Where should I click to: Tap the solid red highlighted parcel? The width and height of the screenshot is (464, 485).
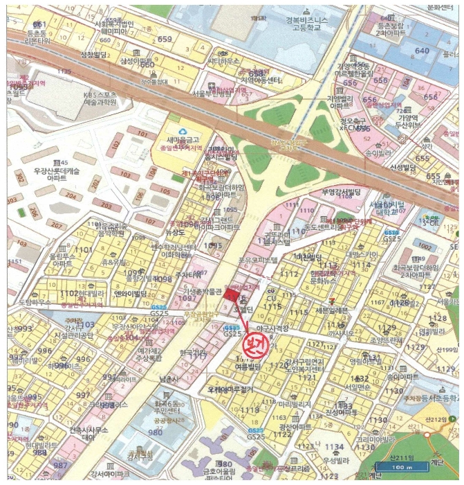point(230,295)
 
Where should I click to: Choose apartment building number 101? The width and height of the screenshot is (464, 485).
point(142,134)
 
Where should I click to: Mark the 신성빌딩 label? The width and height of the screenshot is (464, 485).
point(402,167)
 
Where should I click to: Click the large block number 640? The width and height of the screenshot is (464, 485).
point(422,51)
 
